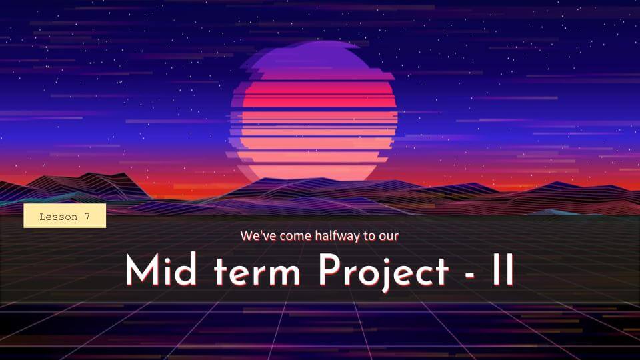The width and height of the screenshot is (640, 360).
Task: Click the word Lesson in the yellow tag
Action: (x=59, y=217)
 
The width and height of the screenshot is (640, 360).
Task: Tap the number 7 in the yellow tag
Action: (x=87, y=217)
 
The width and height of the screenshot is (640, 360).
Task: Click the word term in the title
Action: (x=257, y=271)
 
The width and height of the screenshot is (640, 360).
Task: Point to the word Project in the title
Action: (x=383, y=271)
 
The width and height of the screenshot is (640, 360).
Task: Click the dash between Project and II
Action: (x=470, y=275)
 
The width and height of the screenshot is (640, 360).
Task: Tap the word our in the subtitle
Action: (x=389, y=237)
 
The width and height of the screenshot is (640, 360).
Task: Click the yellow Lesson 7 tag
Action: (x=65, y=216)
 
